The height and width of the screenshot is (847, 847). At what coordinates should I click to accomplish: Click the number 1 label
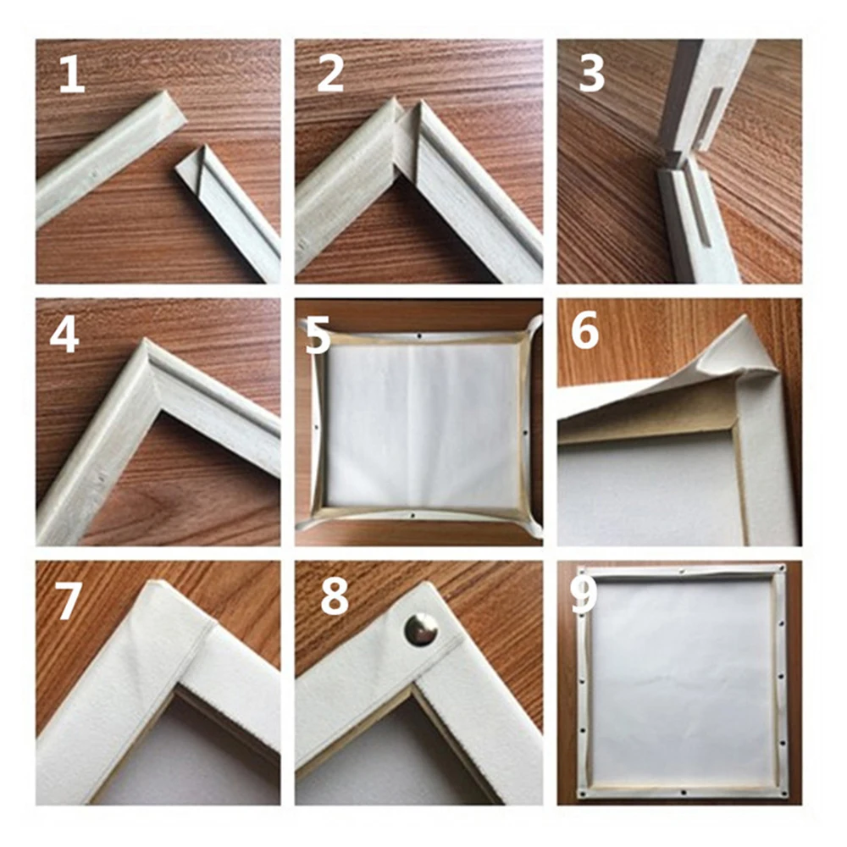71,75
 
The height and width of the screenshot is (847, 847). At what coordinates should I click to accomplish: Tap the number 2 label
330,75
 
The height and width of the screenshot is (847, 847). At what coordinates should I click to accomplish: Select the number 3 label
591,75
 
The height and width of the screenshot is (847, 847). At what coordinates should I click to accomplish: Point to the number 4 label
64,334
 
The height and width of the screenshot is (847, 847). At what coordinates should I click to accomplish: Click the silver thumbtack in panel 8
421,630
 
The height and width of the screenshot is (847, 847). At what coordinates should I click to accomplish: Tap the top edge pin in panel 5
419,335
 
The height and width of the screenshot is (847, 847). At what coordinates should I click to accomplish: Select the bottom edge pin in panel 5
412,516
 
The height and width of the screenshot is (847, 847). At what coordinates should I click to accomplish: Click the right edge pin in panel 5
524,431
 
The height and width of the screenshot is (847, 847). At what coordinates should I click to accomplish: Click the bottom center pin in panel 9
682,793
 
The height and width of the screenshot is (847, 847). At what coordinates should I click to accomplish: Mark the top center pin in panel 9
683,572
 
